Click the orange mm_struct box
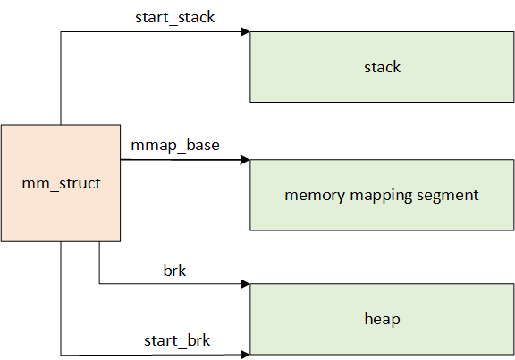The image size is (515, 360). [61, 183]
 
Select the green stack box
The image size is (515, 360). [382, 67]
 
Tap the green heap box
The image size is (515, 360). [382, 319]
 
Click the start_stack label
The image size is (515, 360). [174, 17]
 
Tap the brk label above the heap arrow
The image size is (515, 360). [174, 270]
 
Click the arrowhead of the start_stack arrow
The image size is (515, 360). [245, 33]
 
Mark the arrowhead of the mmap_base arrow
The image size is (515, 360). [245, 161]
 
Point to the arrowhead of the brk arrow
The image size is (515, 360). [245, 285]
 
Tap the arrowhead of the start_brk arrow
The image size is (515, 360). [245, 355]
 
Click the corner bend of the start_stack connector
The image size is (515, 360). [61, 33]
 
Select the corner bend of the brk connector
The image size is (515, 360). [99, 285]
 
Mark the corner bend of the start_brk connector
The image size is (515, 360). [61, 355]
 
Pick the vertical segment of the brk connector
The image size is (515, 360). [99, 264]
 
